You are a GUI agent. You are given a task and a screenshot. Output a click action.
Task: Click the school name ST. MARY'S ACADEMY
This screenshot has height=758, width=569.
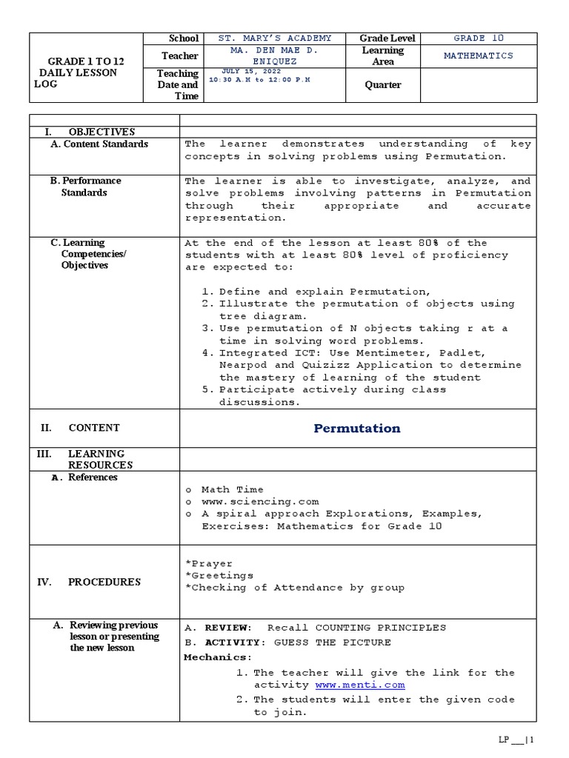tap(276, 38)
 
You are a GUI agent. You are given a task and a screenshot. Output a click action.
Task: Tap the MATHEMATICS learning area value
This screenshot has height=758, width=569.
tap(479, 56)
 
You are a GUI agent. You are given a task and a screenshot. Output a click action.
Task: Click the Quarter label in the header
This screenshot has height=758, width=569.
tap(382, 84)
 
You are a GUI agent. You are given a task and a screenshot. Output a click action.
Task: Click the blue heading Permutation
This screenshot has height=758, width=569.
tap(356, 428)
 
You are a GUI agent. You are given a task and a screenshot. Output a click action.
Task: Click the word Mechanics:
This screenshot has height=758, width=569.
tap(218, 657)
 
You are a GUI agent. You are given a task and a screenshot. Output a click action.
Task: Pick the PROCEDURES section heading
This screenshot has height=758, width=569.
tap(104, 582)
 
